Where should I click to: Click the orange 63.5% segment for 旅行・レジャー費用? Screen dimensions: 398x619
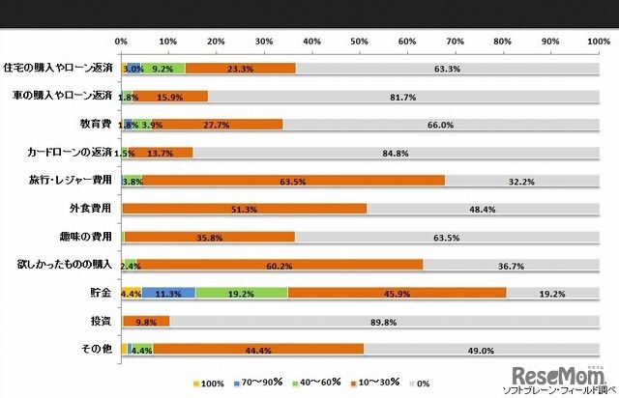coord(290,181)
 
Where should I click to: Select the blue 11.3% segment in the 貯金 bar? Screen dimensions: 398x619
coord(169,293)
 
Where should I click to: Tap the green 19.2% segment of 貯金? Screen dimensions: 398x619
coord(242,293)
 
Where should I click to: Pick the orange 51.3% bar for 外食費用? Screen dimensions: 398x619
coord(245,209)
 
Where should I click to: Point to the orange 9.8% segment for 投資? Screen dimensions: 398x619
coord(146,321)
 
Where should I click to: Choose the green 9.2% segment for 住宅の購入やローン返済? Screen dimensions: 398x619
coord(164,69)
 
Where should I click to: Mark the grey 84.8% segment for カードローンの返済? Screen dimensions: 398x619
coord(394,153)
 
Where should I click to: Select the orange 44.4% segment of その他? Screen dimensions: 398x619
coord(257,349)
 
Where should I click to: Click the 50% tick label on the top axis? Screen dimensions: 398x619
coord(360,42)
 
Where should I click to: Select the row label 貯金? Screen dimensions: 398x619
coord(101,293)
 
